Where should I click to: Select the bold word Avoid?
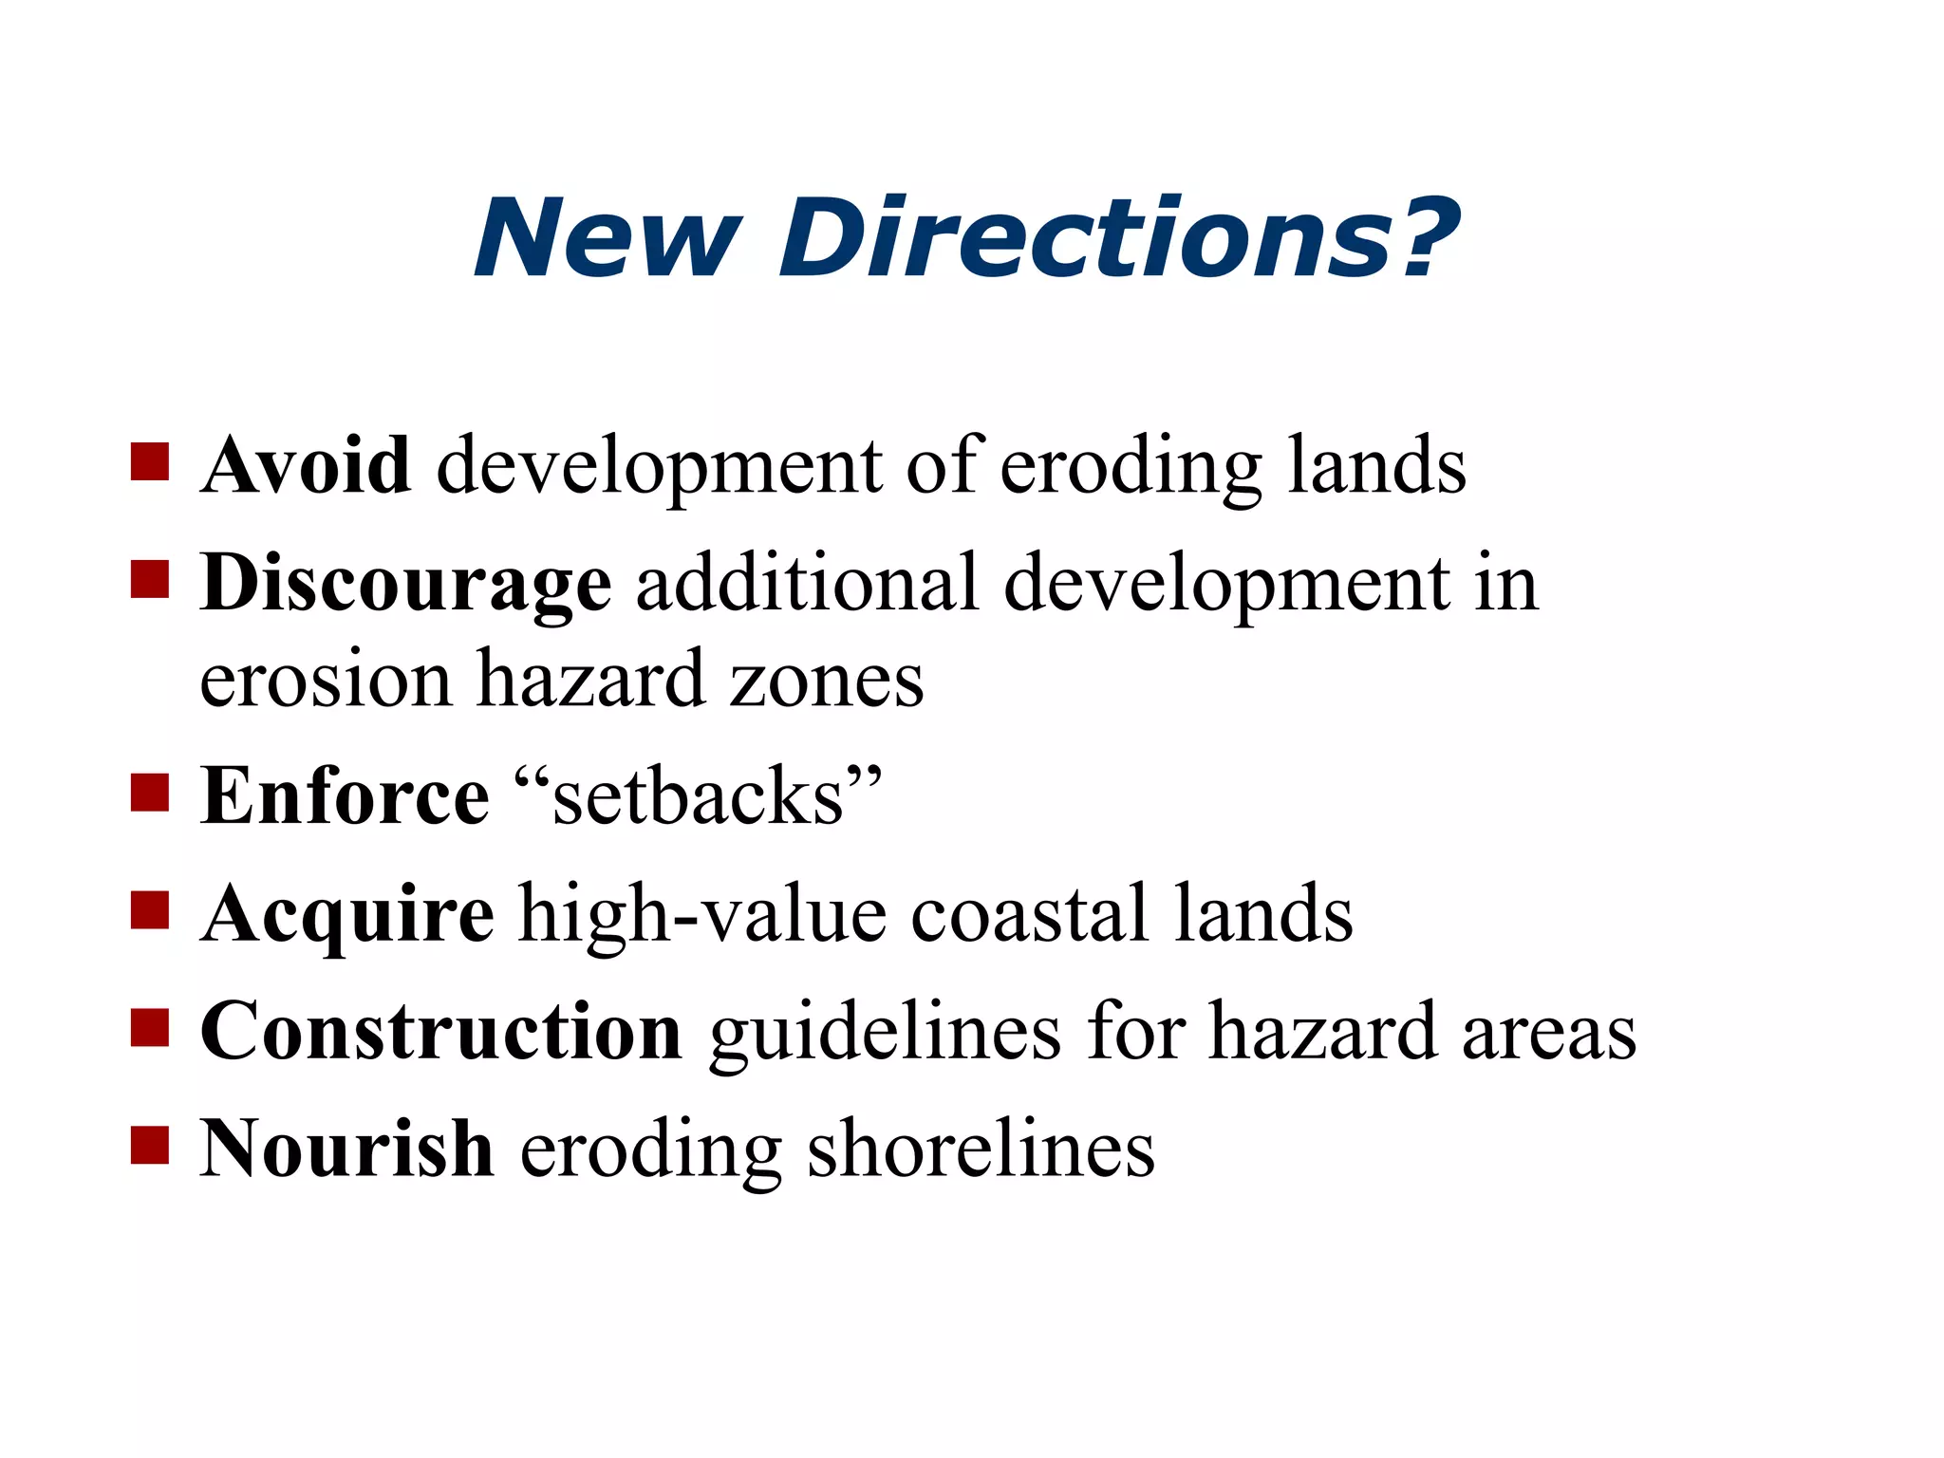click(x=306, y=465)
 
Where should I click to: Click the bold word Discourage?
click(x=405, y=583)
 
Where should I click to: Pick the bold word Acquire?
click(x=347, y=913)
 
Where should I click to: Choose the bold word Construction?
click(x=441, y=1031)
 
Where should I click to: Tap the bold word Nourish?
click(x=346, y=1149)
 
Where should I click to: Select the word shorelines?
click(x=981, y=1149)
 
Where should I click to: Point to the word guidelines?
click(x=885, y=1033)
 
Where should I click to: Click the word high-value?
click(x=702, y=913)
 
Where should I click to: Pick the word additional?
click(x=807, y=583)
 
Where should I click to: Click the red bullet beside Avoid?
click(x=150, y=462)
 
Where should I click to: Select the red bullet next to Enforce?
click(x=150, y=793)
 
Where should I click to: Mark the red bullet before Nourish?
click(x=150, y=1145)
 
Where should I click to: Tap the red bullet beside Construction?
click(x=150, y=1027)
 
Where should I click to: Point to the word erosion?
click(x=326, y=680)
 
